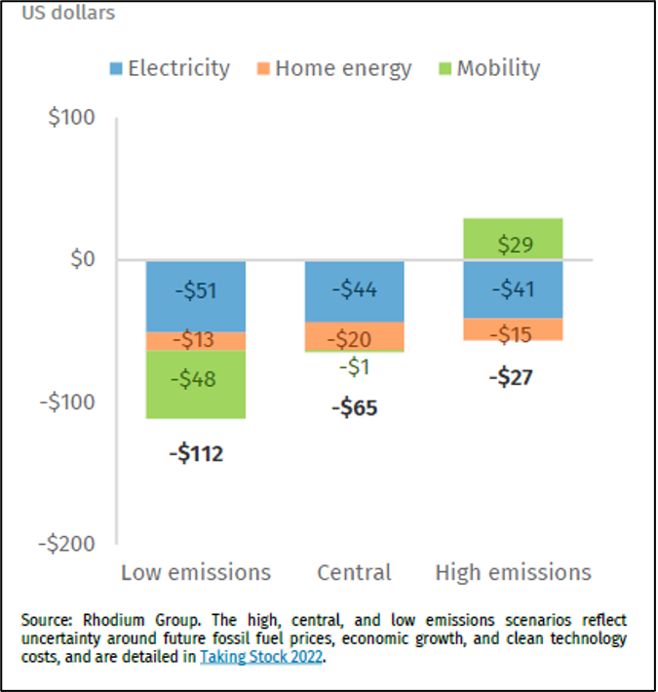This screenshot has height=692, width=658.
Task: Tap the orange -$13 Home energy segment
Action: click(x=195, y=341)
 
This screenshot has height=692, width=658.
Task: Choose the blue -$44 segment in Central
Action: click(x=354, y=290)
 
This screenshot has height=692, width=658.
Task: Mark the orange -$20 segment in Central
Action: click(x=354, y=336)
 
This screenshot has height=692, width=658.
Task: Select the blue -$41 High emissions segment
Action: click(x=513, y=288)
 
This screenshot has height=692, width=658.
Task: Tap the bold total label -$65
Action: click(x=354, y=407)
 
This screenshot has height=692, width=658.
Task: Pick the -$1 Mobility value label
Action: click(x=354, y=367)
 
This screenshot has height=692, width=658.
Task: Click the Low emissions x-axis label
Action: click(x=195, y=572)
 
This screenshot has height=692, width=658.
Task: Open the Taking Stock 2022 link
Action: click(x=262, y=657)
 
